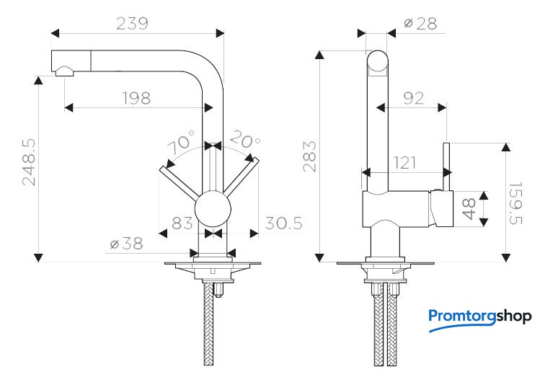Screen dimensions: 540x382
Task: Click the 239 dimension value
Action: pyautogui.click(x=132, y=24)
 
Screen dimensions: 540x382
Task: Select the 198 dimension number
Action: pyautogui.click(x=137, y=99)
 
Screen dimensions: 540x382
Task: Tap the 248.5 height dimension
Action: pyautogui.click(x=29, y=162)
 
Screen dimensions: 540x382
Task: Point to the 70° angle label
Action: pyautogui.click(x=181, y=141)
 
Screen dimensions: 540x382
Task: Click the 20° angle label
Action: pyautogui.click(x=245, y=139)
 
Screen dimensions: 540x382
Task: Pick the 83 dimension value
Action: pyautogui.click(x=182, y=223)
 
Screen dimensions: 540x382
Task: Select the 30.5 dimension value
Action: pyautogui.click(x=284, y=223)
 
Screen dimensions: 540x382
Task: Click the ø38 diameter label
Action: pyautogui.click(x=126, y=244)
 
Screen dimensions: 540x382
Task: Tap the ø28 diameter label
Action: pyautogui.click(x=420, y=24)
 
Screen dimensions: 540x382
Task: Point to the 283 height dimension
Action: pyautogui.click(x=309, y=156)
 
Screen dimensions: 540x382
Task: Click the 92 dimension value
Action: pyautogui.click(x=413, y=99)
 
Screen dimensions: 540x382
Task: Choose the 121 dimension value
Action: pyautogui.click(x=404, y=162)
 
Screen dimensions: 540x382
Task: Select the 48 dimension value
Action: pyautogui.click(x=469, y=208)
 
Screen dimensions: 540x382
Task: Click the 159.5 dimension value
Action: pyautogui.click(x=515, y=203)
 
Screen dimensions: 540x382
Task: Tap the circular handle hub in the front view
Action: pyautogui.click(x=213, y=209)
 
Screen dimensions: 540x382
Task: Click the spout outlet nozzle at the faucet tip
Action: pyautogui.click(x=64, y=71)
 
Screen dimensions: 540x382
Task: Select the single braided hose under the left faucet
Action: pyautogui.click(x=208, y=324)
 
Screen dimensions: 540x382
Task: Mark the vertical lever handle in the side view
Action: pyautogui.click(x=447, y=166)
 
